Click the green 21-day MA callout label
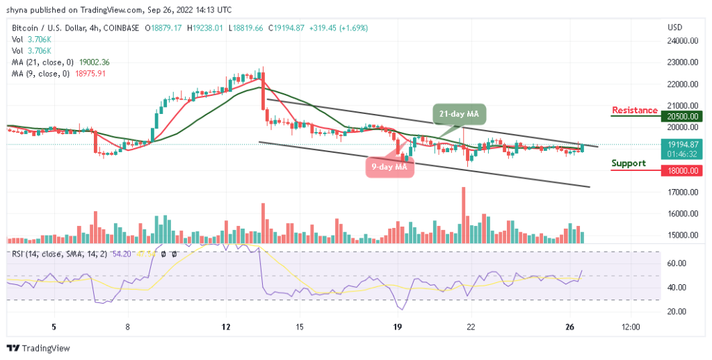(x=459, y=113)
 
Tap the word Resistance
(x=634, y=111)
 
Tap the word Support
(x=629, y=163)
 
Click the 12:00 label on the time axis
(x=631, y=326)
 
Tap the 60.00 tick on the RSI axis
(x=677, y=263)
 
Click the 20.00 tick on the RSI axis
(x=677, y=311)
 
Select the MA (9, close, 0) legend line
(x=57, y=73)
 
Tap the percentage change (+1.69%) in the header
(x=353, y=28)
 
